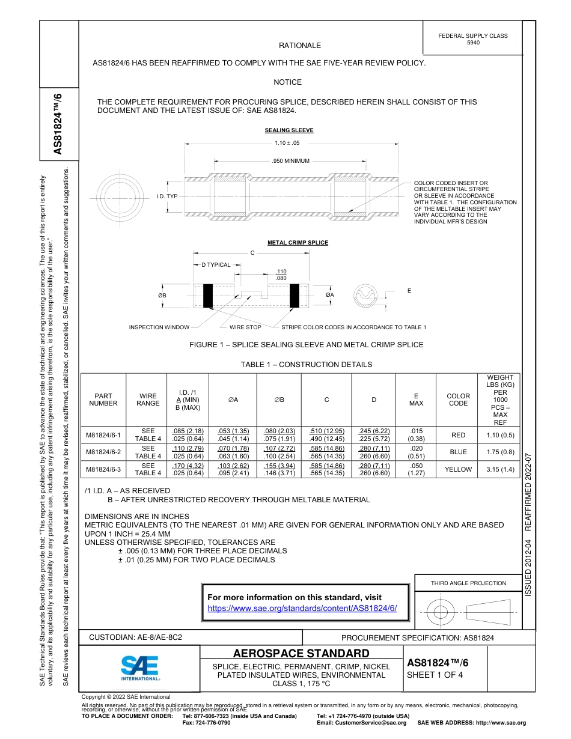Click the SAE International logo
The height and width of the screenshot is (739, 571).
click(x=140, y=668)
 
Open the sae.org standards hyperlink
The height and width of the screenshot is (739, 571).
click(x=302, y=608)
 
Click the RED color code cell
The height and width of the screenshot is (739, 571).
click(x=458, y=435)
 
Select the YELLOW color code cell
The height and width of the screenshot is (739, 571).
click(x=458, y=469)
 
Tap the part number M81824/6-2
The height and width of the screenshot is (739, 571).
click(x=103, y=452)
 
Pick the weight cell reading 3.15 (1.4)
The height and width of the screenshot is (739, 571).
click(x=499, y=469)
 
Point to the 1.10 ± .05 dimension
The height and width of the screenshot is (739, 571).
click(x=287, y=143)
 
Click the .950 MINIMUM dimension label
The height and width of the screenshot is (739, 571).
click(x=290, y=161)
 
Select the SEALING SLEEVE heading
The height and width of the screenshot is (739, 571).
click(x=289, y=130)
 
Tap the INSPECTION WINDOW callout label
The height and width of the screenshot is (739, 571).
click(x=159, y=327)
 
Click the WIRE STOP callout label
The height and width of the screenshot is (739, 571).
click(x=245, y=327)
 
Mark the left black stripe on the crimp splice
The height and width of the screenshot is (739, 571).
click(x=209, y=295)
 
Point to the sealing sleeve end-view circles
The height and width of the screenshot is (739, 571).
click(x=120, y=196)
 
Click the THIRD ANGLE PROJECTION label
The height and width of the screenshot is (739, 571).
click(x=468, y=583)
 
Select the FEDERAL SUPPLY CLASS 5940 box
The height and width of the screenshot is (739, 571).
click(x=472, y=39)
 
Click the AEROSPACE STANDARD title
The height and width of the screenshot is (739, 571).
click(x=301, y=654)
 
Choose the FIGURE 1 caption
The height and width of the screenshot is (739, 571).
click(x=306, y=345)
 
